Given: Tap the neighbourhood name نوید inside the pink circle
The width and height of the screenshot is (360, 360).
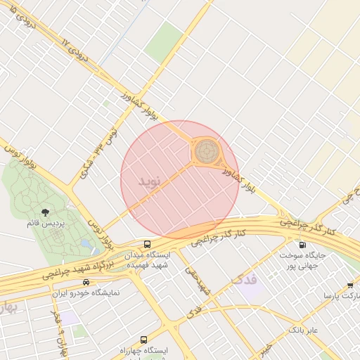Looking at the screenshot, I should [150, 181].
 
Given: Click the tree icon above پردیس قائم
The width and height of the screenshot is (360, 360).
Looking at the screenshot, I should [46, 211].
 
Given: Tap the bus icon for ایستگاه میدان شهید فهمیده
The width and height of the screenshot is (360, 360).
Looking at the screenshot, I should [147, 244].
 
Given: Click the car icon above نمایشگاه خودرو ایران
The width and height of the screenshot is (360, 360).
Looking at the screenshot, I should [86, 282].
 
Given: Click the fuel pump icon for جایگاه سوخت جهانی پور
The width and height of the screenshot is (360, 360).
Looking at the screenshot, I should [302, 245].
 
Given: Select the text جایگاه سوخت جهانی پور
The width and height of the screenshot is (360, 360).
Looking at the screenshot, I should [302, 262].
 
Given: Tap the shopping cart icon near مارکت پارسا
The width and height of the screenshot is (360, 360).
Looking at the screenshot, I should [350, 285].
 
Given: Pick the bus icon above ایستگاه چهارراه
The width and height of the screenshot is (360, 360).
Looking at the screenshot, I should [145, 340].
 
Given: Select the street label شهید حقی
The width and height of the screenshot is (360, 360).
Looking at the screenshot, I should [198, 279].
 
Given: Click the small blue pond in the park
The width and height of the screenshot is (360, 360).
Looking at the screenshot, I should [86, 243].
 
